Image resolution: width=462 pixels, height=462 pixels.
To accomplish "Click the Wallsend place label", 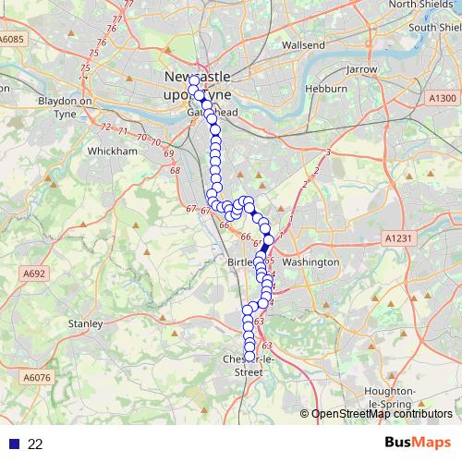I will click(303, 44).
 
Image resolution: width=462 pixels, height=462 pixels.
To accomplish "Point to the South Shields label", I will click(434, 28).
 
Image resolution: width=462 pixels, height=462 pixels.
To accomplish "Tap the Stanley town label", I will click(86, 323).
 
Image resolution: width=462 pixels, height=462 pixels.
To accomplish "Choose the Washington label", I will click(310, 262).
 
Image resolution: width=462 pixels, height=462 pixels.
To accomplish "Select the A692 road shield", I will click(35, 274).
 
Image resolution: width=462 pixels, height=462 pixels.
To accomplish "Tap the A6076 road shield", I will click(37, 378).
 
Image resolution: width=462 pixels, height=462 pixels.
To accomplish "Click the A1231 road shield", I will click(396, 238).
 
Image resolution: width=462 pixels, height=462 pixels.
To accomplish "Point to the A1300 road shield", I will click(443, 98).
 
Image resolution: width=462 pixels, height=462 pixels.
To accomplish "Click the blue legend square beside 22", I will click(14, 444).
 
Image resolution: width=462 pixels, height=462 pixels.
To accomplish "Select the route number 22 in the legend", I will click(35, 444).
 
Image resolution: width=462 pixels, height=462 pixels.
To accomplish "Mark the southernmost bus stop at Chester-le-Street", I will click(249, 356).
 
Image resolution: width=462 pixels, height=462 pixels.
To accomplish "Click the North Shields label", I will click(421, 5).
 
